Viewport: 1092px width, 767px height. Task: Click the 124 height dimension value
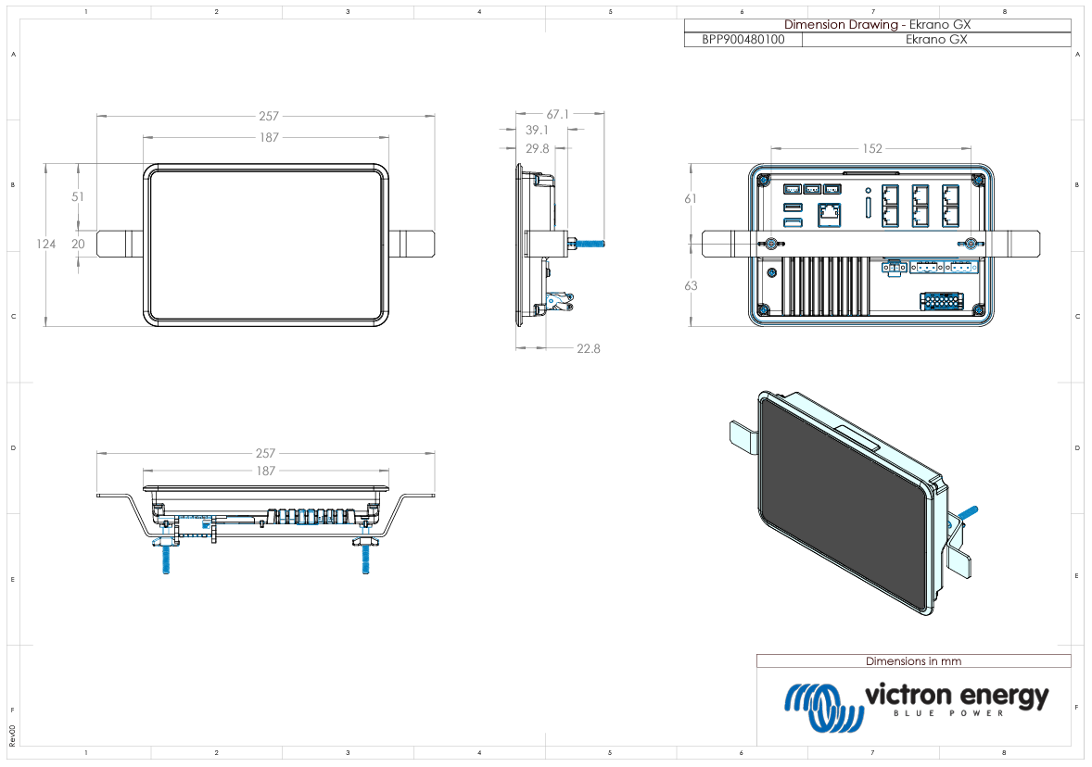tap(46, 245)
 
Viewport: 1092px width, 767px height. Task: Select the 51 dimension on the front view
tap(78, 196)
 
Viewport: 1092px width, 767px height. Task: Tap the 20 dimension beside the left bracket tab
tap(78, 245)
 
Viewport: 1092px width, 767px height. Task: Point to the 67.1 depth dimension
tap(557, 115)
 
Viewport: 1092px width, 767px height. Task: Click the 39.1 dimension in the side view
tap(537, 131)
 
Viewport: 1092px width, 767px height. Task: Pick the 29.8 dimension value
tap(537, 148)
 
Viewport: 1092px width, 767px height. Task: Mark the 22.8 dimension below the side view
tap(588, 349)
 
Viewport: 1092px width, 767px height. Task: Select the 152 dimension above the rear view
tap(871, 148)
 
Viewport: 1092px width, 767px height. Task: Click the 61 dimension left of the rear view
tap(691, 199)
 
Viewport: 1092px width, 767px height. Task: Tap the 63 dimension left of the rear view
tap(691, 286)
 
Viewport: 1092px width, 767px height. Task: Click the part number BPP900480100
tap(743, 40)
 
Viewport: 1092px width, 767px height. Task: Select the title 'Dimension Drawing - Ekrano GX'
tap(877, 25)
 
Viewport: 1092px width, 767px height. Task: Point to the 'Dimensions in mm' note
tap(913, 661)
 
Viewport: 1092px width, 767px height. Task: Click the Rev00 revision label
tap(12, 736)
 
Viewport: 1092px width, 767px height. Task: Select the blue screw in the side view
tap(590, 245)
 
